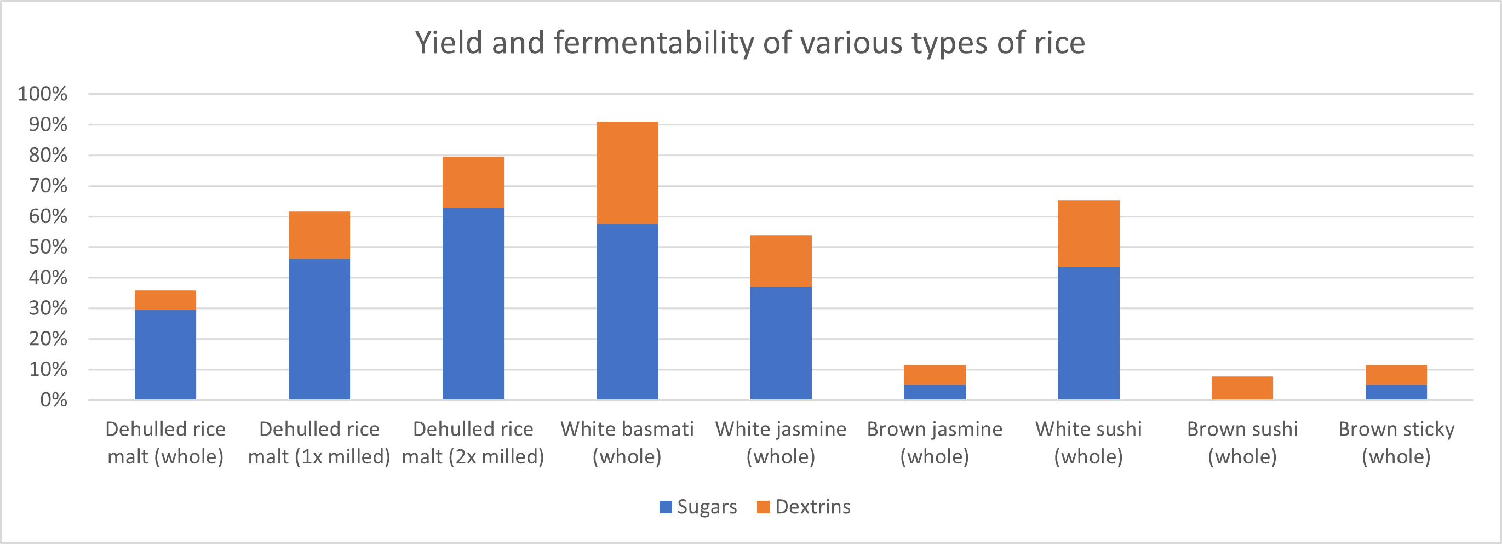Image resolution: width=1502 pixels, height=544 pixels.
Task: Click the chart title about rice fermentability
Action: tap(750, 43)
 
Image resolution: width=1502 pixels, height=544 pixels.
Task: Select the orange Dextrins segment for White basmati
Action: tap(627, 173)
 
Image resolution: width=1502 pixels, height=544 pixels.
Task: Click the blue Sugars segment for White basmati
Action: tap(627, 311)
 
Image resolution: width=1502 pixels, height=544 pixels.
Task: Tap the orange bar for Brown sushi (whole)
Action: tap(1242, 388)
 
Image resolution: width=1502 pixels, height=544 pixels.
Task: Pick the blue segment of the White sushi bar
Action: tap(1088, 333)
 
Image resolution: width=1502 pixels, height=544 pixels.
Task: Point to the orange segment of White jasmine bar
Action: tap(780, 261)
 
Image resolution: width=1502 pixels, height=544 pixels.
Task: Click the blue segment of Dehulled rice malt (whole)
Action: tap(165, 354)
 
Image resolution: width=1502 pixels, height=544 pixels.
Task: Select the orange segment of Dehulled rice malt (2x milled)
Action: tap(473, 182)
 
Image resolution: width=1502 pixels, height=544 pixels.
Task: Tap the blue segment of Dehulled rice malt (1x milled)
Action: tap(319, 329)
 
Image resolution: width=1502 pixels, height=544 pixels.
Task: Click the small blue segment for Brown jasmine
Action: tap(934, 392)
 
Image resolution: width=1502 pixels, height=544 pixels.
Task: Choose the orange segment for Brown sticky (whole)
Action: tap(1396, 375)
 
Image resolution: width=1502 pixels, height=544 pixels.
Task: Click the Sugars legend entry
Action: tap(698, 507)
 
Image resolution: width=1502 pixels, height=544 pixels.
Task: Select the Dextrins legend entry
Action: tap(804, 507)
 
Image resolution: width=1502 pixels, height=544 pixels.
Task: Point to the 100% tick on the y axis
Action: tap(43, 94)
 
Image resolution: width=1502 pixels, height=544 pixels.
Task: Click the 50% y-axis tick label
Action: tap(48, 247)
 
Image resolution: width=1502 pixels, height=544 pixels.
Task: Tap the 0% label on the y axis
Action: tap(53, 400)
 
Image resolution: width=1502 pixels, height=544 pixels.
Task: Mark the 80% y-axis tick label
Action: tap(48, 155)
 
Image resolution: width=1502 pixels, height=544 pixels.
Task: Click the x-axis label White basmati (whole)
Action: tap(627, 443)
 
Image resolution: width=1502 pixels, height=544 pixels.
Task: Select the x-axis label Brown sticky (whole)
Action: tap(1396, 443)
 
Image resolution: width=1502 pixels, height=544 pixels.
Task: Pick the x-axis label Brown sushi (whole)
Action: tap(1242, 443)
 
